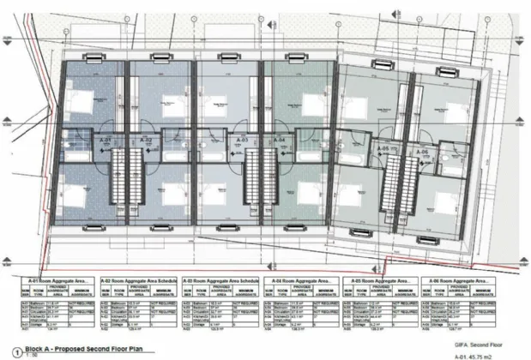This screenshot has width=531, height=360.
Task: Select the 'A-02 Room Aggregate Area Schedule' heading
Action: (142, 279)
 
